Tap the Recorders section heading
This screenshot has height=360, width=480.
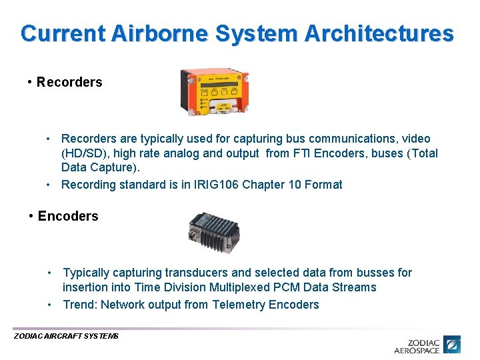coord(69,82)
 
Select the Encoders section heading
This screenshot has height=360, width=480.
coord(68,216)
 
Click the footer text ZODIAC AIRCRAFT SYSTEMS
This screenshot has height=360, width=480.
coord(66,337)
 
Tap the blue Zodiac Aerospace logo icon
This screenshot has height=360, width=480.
coord(453,345)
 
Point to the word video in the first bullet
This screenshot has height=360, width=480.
coord(415,139)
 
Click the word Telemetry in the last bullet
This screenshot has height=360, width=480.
coord(239,305)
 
